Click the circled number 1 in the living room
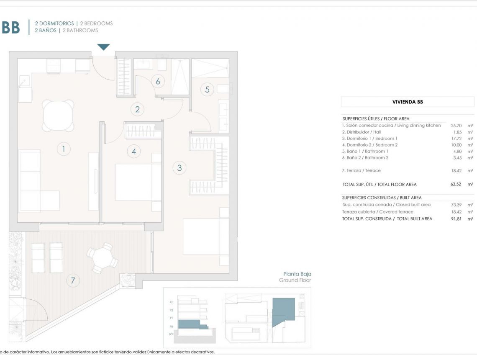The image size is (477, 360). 64,149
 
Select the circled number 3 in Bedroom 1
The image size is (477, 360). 180,168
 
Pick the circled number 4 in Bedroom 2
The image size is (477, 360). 134,152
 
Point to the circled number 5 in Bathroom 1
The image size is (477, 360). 207,89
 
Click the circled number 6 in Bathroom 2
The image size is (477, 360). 158,81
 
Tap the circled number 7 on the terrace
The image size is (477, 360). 73,280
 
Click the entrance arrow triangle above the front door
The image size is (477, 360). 103,47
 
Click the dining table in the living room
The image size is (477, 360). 58,116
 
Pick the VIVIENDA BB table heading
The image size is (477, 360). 407,102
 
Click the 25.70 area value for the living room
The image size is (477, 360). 456,125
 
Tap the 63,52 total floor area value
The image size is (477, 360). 456,184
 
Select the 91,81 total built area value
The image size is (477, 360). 456,219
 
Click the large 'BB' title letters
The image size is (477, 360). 10,27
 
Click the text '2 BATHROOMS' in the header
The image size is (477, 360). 80,30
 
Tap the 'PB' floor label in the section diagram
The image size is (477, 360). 171,326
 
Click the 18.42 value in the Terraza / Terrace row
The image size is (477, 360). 456,170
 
